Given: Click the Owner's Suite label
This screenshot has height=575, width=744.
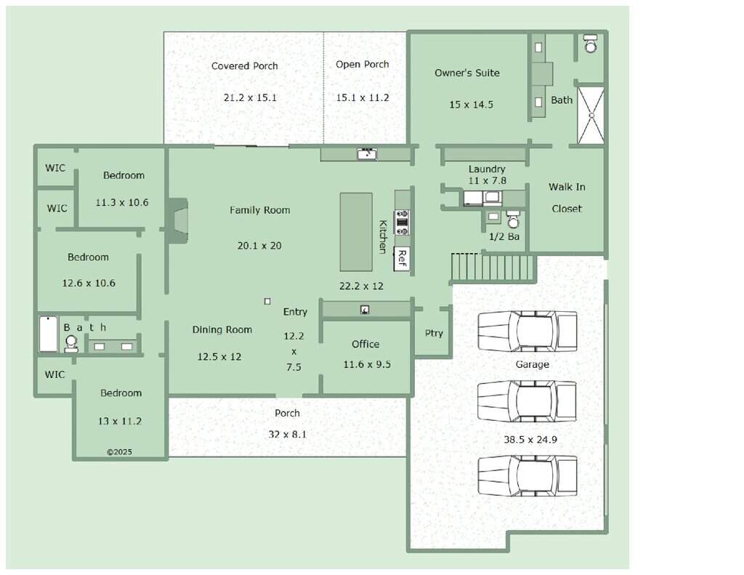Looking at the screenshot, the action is pos(467,73).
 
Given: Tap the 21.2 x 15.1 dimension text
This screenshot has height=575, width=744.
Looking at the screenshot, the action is pos(250,98).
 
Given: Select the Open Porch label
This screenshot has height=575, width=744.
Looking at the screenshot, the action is pos(362,64).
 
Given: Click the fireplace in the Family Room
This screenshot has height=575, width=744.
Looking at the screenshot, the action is pos(177,220).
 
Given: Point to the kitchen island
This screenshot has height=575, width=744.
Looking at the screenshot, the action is pos(356,232).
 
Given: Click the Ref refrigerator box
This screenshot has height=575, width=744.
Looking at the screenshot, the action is pos(401,259).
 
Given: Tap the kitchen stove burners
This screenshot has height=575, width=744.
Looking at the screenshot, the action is pos(401,222).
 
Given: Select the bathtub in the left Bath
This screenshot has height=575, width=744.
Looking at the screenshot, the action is pos(49,334).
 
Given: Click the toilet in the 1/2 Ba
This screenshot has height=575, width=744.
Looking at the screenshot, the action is pos(513,220).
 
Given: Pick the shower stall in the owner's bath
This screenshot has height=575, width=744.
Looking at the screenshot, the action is pos(591,115).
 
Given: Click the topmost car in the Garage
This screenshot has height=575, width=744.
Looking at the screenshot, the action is pos(527,331).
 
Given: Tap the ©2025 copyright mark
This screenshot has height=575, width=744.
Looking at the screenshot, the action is pos(119,452).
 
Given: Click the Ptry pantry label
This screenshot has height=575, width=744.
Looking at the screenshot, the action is pos(434,334).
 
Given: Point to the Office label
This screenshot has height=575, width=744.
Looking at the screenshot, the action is pos(365,344).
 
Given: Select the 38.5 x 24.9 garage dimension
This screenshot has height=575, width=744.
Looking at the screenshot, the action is pos(530,440).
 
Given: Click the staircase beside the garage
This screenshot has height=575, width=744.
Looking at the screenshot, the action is pos(493,268).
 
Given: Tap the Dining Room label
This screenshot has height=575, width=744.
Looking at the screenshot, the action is pos(222,329).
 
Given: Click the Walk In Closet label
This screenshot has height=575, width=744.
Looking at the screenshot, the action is pos(567,198).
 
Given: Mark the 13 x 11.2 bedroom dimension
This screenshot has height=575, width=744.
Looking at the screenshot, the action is pos(120,421).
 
